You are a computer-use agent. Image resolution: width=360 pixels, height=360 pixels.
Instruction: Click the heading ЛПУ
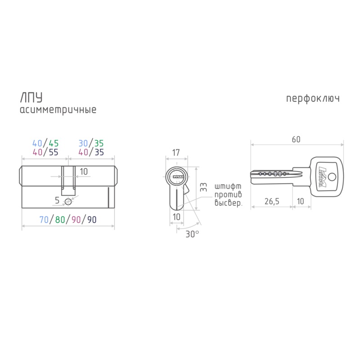click(x=31, y=97)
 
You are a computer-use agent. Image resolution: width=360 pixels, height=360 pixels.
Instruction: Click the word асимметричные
click(x=58, y=110)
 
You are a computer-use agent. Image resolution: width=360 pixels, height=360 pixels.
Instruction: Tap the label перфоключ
click(x=313, y=99)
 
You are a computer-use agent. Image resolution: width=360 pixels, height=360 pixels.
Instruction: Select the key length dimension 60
click(x=296, y=139)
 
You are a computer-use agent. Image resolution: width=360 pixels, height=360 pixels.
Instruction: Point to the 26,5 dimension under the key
click(x=272, y=201)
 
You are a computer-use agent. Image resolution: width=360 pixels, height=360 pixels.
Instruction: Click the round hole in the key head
click(x=332, y=177)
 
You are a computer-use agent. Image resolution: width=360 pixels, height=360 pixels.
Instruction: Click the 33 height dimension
click(x=203, y=187)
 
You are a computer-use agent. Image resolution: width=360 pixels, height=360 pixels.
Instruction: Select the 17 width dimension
click(x=176, y=153)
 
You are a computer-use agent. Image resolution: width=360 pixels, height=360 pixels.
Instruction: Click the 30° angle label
click(x=192, y=234)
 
